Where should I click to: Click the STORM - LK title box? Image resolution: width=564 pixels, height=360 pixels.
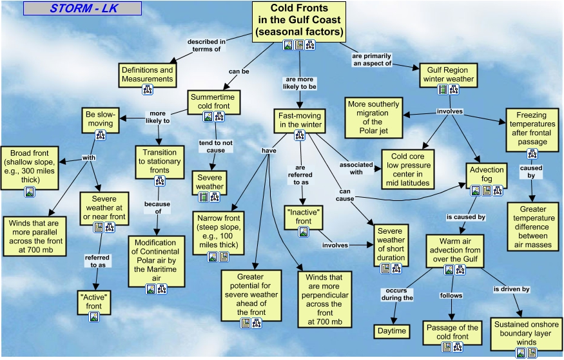point(82,8)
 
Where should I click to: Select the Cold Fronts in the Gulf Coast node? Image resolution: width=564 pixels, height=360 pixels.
point(298,21)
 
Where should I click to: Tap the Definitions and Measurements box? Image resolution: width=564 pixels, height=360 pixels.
point(148,75)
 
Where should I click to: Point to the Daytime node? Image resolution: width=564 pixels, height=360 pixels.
point(391,331)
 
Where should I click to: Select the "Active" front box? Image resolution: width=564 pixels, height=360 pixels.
point(94,301)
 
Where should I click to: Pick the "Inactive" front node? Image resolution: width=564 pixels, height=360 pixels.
point(304,216)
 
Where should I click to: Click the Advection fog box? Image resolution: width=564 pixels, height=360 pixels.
point(486,175)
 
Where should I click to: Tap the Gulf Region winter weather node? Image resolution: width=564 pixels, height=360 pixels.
point(448,75)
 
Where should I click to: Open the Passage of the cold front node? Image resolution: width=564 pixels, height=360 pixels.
point(452,332)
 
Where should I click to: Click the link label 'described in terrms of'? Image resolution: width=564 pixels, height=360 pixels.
point(207,45)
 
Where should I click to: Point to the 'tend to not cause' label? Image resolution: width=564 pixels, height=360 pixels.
point(211,146)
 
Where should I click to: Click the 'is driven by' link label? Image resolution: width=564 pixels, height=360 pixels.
point(512,289)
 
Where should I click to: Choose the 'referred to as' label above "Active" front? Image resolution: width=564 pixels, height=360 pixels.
point(97,261)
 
